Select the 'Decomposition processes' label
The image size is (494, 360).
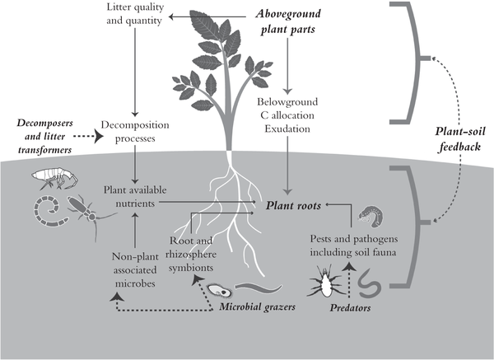pyautogui.click(x=134, y=132)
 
